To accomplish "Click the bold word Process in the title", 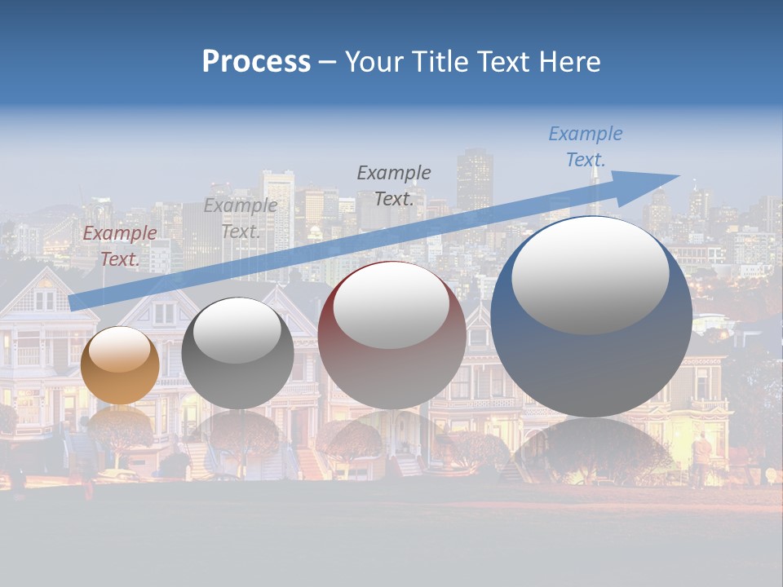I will (256, 62).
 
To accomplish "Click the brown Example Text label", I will (120, 245).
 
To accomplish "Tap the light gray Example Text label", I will (241, 218).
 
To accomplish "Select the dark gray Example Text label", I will (394, 185).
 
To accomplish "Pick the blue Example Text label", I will (586, 146).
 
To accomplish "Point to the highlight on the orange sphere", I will (120, 349).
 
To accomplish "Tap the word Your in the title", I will (374, 62).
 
